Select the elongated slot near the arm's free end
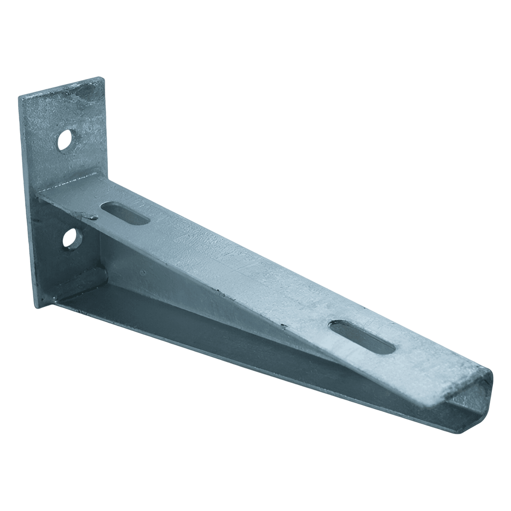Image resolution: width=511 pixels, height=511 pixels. (363, 336)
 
